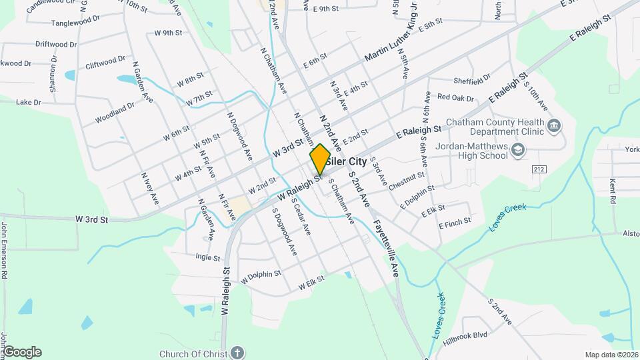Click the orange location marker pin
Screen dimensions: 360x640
[320, 159]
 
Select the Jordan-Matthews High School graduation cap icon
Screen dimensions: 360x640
[518, 151]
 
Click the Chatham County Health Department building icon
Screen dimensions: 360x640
[553, 126]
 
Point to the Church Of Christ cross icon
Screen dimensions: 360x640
[238, 353]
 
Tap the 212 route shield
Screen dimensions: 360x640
[539, 169]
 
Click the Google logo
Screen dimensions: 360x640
[22, 352]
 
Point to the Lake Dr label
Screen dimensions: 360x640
[29, 103]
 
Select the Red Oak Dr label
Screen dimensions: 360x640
[455, 98]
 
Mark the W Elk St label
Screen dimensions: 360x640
[311, 283]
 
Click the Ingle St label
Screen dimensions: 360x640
[208, 256]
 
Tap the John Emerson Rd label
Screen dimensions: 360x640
[4, 250]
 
